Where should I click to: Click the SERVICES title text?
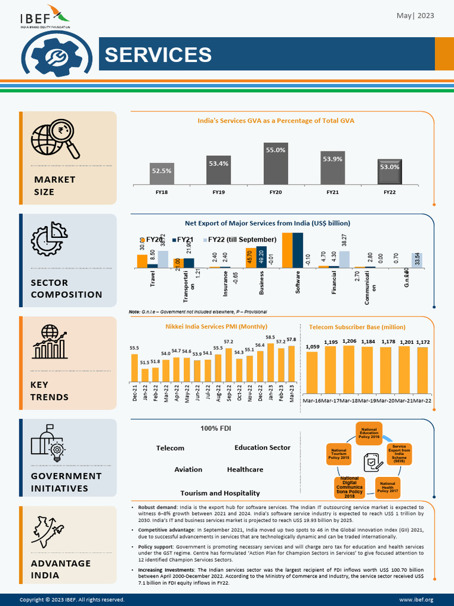[158, 54]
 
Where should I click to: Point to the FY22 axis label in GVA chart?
[389, 192]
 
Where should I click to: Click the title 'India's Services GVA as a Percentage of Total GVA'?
[275, 121]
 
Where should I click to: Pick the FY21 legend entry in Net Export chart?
[185, 240]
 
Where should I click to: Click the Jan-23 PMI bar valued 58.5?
[270, 362]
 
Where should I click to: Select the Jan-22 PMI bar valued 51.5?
[145, 375]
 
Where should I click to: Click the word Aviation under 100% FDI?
[188, 469]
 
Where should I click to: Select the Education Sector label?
[262, 447]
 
